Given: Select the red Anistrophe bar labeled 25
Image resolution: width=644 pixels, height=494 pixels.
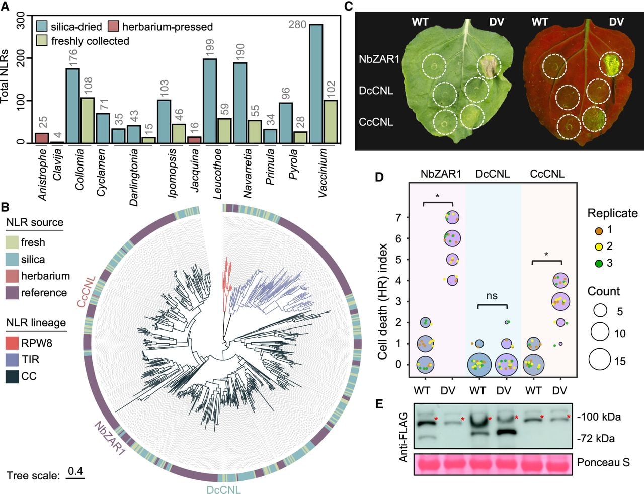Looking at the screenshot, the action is [x=42, y=138].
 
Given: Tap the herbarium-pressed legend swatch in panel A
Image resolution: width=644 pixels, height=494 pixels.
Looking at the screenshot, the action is [x=112, y=26].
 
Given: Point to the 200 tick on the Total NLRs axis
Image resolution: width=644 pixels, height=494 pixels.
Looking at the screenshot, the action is [x=21, y=58].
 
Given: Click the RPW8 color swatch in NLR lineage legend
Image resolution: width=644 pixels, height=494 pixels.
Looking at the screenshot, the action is [x=12, y=343].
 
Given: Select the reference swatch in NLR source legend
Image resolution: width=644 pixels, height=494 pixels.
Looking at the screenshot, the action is [x=12, y=293].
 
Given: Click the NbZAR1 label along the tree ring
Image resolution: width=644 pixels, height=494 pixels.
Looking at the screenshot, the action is [x=110, y=439].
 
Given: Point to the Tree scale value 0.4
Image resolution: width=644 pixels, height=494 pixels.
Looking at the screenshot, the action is [x=75, y=471].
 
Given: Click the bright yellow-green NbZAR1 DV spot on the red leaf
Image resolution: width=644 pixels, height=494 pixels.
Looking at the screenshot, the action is [x=611, y=67].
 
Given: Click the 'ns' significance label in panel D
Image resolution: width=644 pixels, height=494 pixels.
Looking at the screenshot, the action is [x=492, y=296].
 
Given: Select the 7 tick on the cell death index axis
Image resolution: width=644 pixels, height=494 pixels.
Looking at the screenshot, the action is [x=398, y=217].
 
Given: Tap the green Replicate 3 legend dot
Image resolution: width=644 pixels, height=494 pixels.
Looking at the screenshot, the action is [x=599, y=263].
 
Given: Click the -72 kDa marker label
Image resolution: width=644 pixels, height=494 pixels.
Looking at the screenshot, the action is [x=595, y=438].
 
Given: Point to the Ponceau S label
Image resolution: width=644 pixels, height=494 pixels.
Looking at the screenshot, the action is [x=603, y=463].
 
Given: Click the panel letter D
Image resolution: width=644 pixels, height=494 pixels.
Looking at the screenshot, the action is [x=379, y=177].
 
